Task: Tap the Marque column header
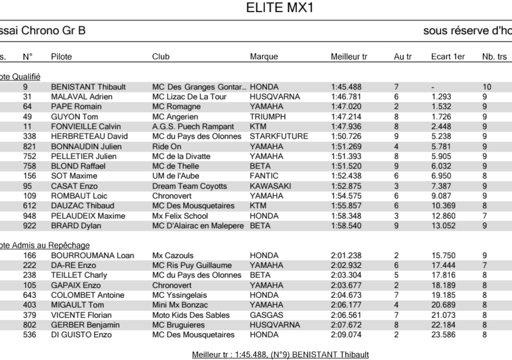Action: coord(264,57)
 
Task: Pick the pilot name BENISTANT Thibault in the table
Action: coord(88,87)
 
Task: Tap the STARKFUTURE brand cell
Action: coord(279,137)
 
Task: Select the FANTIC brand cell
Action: coord(264,176)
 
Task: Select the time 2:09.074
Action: coord(346,335)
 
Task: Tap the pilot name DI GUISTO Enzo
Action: coord(81,335)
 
